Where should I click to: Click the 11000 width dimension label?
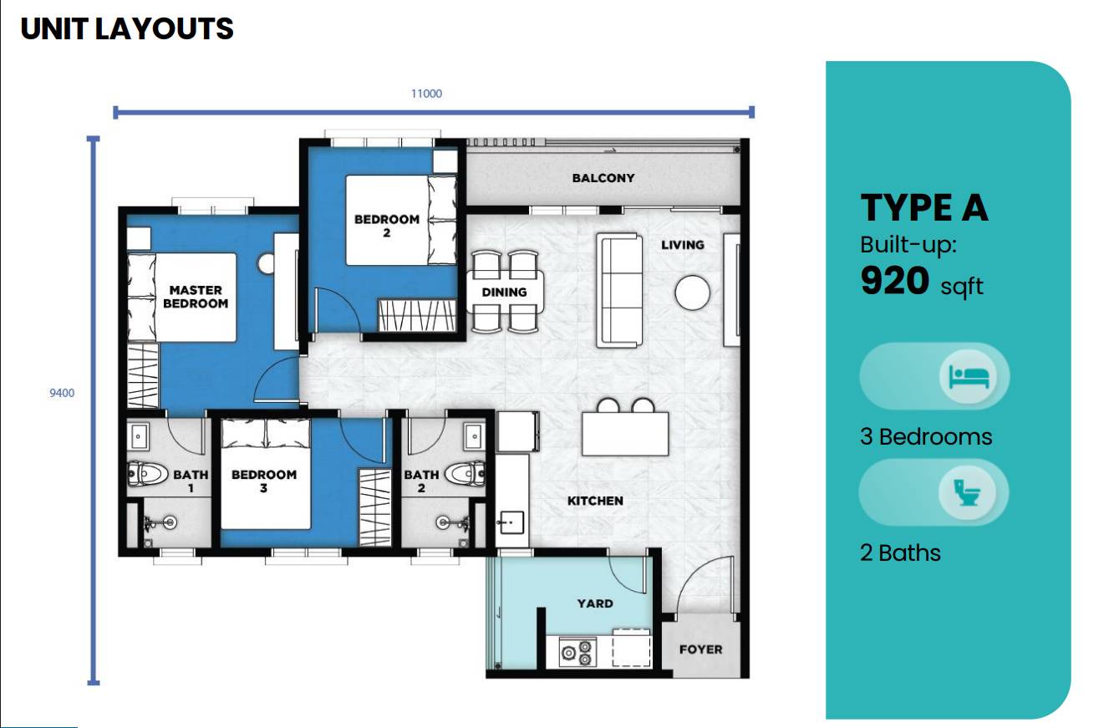pyautogui.click(x=426, y=94)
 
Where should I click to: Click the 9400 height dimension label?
pyautogui.click(x=62, y=393)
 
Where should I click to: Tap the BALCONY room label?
pyautogui.click(x=603, y=178)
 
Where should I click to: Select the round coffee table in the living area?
pyautogui.click(x=693, y=293)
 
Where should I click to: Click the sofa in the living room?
pyautogui.click(x=619, y=290)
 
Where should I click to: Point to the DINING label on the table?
pyautogui.click(x=504, y=292)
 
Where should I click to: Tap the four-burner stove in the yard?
pyautogui.click(x=577, y=652)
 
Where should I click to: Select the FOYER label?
pyautogui.click(x=700, y=649)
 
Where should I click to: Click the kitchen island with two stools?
pyautogui.click(x=626, y=433)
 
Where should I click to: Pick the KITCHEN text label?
pyautogui.click(x=595, y=501)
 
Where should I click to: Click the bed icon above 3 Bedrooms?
pyautogui.click(x=969, y=376)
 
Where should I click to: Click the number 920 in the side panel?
pyautogui.click(x=894, y=282)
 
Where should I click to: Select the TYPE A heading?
pyautogui.click(x=924, y=208)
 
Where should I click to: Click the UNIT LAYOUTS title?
pyautogui.click(x=127, y=29)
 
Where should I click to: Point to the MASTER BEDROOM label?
pyautogui.click(x=196, y=297)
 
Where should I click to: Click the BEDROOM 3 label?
pyautogui.click(x=264, y=481)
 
